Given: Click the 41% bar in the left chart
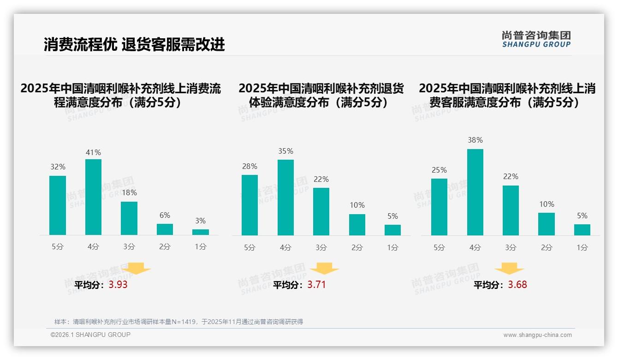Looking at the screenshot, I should [93, 197].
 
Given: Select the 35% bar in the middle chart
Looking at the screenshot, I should [285, 198].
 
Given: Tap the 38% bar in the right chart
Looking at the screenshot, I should [475, 192].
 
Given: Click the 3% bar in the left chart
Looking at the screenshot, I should [201, 232].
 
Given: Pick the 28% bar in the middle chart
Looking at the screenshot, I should [250, 205].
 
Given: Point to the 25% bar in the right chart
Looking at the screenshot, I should [439, 207].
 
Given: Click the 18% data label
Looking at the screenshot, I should [129, 193].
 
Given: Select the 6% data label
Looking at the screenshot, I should [165, 215].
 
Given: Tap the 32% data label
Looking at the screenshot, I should [58, 167].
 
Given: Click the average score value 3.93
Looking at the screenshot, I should [118, 285].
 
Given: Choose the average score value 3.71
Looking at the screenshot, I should [316, 285].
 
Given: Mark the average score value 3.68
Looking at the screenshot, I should [517, 285].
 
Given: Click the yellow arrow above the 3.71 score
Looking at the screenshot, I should [324, 268].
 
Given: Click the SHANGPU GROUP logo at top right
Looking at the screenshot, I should [536, 39].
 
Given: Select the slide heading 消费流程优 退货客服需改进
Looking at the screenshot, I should [134, 44].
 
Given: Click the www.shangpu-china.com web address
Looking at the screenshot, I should [537, 335].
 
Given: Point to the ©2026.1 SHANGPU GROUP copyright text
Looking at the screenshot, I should [90, 335].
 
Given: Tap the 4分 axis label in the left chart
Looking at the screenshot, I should [93, 247].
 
